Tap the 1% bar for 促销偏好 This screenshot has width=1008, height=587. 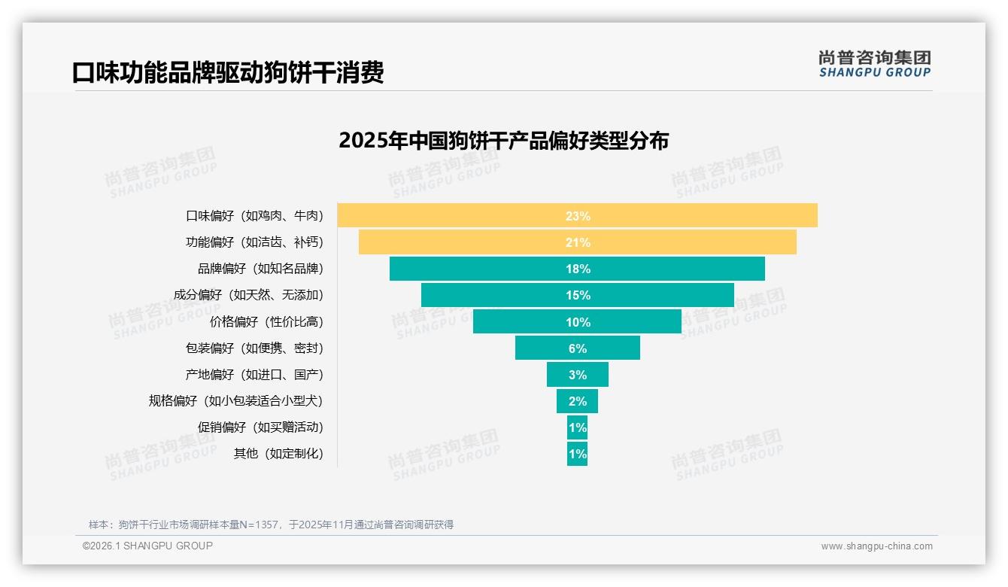[577, 427]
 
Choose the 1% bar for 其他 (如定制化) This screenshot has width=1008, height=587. [577, 454]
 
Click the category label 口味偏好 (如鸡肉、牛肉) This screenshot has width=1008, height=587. [254, 216]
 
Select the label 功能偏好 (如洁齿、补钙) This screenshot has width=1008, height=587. [254, 242]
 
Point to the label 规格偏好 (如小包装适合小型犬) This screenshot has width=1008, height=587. [235, 401]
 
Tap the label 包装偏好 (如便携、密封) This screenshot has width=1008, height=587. [254, 348]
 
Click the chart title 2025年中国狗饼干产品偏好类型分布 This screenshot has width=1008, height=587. [503, 141]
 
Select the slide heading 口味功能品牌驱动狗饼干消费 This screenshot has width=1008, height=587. [228, 72]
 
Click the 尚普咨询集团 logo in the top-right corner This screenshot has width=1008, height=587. [874, 63]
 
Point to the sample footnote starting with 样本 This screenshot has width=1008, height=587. [271, 525]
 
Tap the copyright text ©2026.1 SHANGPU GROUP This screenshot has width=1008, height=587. [147, 546]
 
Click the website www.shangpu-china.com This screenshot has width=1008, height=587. [876, 546]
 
